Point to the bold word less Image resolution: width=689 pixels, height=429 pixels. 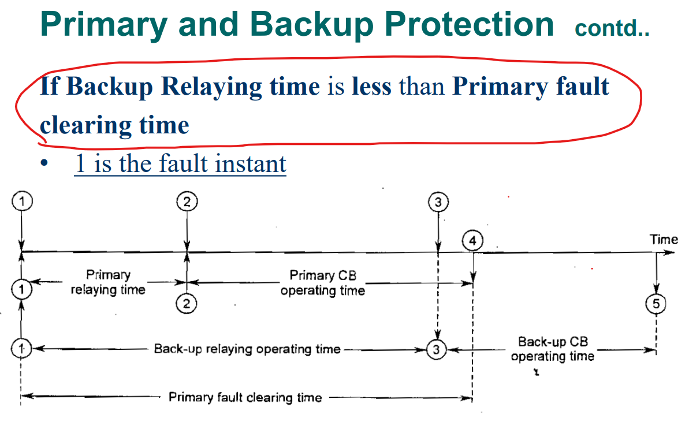pos(372,87)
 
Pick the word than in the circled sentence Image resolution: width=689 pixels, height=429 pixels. pos(422,87)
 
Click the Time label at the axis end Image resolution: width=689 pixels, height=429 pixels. pos(664,239)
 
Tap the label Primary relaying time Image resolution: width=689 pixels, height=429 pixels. pos(108,282)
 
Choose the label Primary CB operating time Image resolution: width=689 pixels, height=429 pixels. pos(323,283)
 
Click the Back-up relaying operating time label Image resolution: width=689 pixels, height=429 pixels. pos(247,349)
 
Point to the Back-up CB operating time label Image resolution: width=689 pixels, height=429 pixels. pos(553,349)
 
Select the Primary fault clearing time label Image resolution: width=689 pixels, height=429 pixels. pos(245,397)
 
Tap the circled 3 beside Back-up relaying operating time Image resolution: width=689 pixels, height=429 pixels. pos(437,349)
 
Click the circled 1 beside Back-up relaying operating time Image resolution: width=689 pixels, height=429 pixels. pos(21,349)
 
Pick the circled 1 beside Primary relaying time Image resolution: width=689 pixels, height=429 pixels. pos(21,289)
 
